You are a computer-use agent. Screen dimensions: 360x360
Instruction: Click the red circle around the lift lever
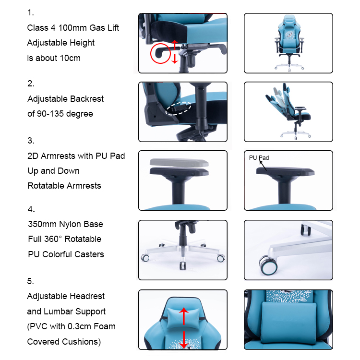(x=151, y=53)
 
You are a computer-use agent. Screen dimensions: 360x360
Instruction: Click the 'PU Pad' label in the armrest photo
(x=259, y=158)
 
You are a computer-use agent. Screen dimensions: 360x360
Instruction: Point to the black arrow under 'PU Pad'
(x=263, y=166)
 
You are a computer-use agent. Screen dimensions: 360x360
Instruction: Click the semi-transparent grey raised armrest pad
(x=179, y=163)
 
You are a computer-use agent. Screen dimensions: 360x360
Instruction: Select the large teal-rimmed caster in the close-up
(x=269, y=265)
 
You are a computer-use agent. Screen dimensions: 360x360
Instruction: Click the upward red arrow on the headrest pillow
(x=184, y=316)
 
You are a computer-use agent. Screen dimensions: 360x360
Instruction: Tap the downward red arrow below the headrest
(x=184, y=340)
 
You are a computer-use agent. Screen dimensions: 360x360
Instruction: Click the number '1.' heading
(x=31, y=12)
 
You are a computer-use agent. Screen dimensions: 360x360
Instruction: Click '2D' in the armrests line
(x=33, y=156)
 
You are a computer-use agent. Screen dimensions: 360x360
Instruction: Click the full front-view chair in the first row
(x=289, y=43)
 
